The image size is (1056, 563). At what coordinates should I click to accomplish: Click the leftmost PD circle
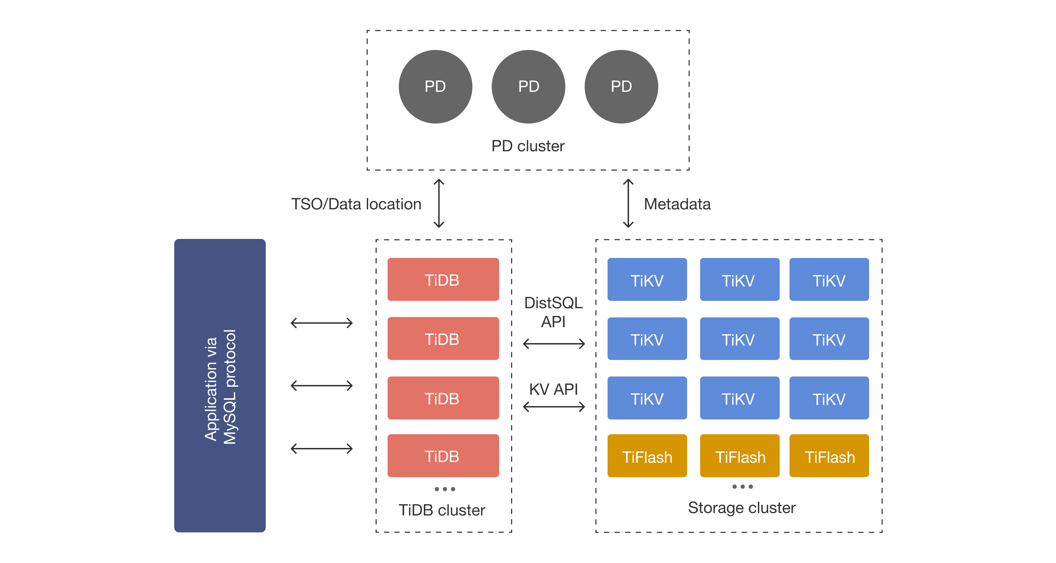tap(435, 87)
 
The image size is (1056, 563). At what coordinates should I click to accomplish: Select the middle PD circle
tap(528, 87)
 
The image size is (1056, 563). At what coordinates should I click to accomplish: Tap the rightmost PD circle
tap(621, 87)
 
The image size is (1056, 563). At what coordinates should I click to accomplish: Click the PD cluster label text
tap(528, 146)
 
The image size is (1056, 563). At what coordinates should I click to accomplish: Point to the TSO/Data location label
tap(356, 204)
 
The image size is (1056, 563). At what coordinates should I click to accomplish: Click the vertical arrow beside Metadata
tap(628, 203)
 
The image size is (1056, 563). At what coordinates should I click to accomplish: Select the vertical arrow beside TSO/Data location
tap(439, 203)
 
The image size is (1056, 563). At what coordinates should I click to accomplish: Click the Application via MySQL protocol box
tap(220, 385)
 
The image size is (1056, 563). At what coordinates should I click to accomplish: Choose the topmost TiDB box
tap(443, 279)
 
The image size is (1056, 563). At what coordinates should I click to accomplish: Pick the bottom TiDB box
tap(443, 456)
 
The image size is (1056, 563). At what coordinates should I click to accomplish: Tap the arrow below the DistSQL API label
tap(554, 343)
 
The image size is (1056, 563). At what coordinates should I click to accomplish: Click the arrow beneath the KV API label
tap(554, 406)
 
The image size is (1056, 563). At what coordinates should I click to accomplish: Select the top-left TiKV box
tap(647, 279)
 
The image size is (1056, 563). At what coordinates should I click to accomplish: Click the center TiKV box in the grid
tap(739, 339)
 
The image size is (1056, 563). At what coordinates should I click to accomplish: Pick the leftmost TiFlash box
tap(647, 456)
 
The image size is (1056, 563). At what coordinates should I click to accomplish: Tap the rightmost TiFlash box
tap(829, 456)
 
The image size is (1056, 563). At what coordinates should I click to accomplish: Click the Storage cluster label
tap(741, 508)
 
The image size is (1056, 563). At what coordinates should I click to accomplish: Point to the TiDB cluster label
tap(441, 510)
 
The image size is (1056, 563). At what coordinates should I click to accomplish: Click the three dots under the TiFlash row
tap(742, 487)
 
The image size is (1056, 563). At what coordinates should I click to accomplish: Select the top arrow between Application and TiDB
tap(321, 323)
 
